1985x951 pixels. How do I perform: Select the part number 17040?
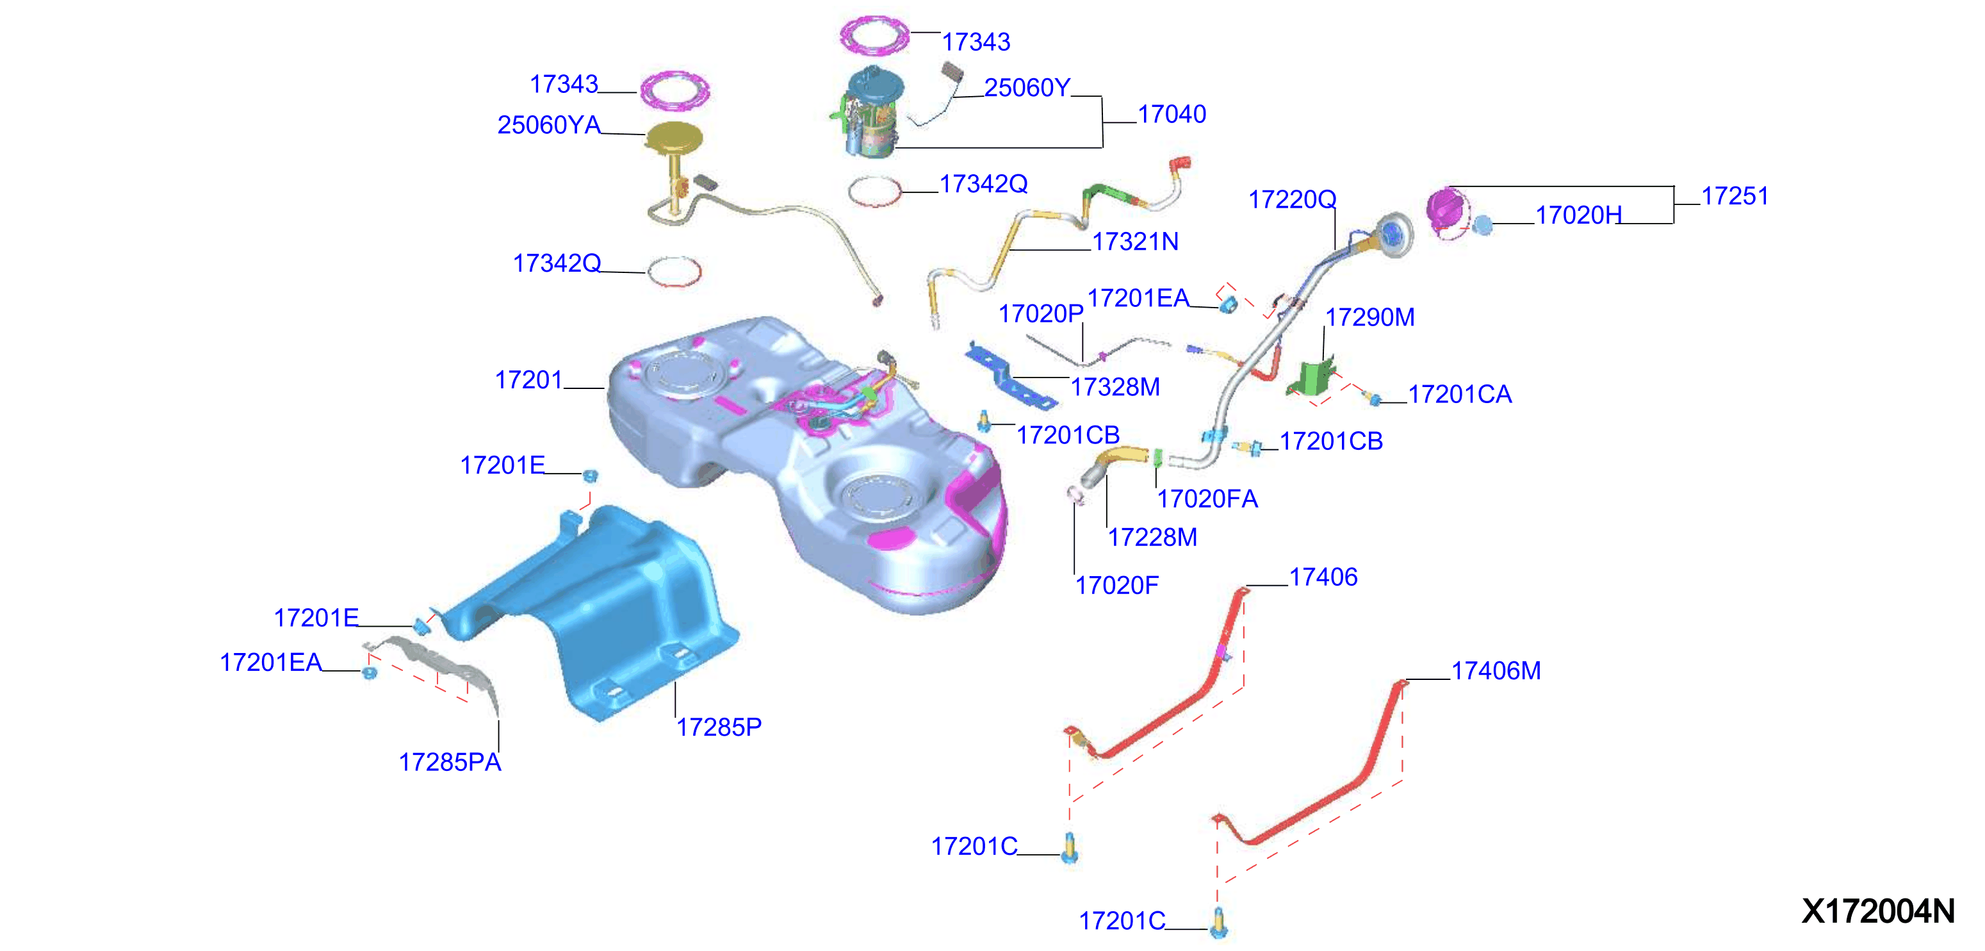tap(1172, 114)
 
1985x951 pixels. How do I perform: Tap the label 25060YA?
tap(549, 125)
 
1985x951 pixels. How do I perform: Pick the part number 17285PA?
tap(450, 761)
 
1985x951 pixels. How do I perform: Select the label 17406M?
tap(1496, 670)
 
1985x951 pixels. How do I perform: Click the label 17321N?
tap(1135, 241)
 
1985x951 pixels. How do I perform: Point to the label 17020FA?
tap(1207, 499)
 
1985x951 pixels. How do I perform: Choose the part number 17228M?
tap(1152, 537)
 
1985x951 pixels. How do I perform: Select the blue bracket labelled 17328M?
tap(1009, 377)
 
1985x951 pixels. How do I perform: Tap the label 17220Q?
tap(1292, 199)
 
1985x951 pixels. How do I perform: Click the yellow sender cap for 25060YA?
tap(673, 138)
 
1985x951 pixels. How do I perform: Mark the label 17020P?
tap(1041, 313)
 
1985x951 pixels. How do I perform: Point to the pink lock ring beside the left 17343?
tap(675, 90)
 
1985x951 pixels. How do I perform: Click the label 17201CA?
tap(1460, 394)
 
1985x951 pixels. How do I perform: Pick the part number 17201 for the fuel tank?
tap(528, 379)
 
